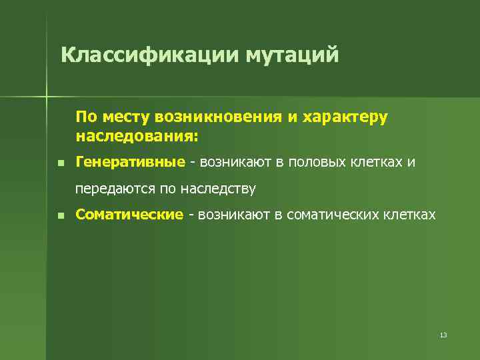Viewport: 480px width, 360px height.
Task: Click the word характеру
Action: [x=345, y=117]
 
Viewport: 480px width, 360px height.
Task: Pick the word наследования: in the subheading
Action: [x=137, y=137]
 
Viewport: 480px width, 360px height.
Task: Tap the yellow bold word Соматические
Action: [x=129, y=215]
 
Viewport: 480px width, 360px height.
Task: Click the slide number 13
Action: [x=443, y=334]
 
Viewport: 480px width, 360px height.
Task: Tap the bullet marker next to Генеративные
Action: [x=60, y=163]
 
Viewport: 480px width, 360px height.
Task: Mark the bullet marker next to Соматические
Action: [x=60, y=215]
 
